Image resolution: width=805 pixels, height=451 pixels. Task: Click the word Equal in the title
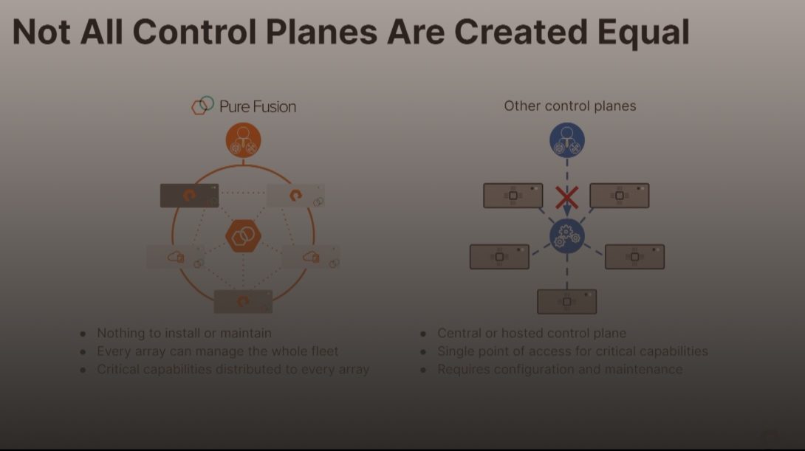643,32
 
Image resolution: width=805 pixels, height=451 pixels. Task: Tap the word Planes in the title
321,32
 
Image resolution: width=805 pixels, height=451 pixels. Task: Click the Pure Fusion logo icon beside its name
203,105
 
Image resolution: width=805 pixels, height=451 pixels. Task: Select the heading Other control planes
570,106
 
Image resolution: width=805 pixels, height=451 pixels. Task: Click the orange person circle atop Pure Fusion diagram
244,140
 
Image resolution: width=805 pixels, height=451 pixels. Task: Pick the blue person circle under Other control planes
566,140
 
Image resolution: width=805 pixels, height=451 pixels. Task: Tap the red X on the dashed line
566,198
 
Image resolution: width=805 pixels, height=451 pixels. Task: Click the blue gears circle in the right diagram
566,236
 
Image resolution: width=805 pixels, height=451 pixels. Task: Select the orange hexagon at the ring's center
244,236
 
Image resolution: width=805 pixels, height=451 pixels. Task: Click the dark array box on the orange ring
190,196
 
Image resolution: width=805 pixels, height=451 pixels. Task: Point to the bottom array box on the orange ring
244,302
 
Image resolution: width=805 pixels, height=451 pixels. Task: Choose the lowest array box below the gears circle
566,302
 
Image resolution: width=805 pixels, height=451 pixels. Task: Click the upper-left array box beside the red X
513,196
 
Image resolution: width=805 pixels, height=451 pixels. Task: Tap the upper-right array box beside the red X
620,196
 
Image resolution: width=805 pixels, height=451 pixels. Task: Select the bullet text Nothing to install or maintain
185,334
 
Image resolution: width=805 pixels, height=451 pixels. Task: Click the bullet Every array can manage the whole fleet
218,351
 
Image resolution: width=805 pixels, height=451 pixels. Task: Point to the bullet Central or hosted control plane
532,334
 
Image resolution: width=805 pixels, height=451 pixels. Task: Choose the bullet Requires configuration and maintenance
560,369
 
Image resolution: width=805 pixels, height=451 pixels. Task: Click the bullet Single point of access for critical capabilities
572,351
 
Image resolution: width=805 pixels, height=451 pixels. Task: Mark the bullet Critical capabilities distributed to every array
233,369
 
